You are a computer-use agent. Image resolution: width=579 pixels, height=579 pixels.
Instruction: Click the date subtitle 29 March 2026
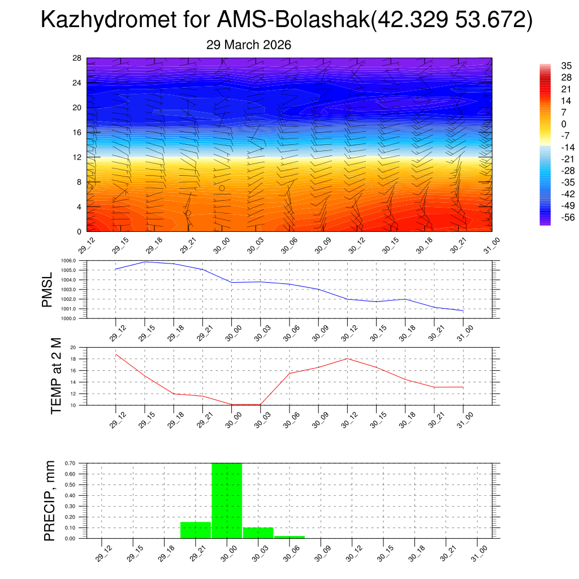click(x=249, y=45)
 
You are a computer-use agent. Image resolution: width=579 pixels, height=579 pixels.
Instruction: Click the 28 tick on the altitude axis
click(x=77, y=58)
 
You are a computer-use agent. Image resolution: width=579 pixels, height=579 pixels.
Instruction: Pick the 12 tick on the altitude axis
click(x=77, y=157)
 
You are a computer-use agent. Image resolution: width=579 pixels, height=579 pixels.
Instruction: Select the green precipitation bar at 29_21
click(x=195, y=530)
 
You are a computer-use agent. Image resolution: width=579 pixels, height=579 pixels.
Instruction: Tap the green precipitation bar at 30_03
click(x=258, y=533)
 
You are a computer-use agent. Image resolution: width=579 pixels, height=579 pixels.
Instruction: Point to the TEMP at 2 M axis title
click(x=56, y=376)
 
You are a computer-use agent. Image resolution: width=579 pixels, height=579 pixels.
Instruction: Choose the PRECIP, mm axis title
click(x=50, y=500)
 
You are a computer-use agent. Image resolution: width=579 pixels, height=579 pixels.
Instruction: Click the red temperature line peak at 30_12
click(x=347, y=358)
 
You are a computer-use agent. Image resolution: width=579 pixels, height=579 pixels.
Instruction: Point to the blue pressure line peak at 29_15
click(x=145, y=262)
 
